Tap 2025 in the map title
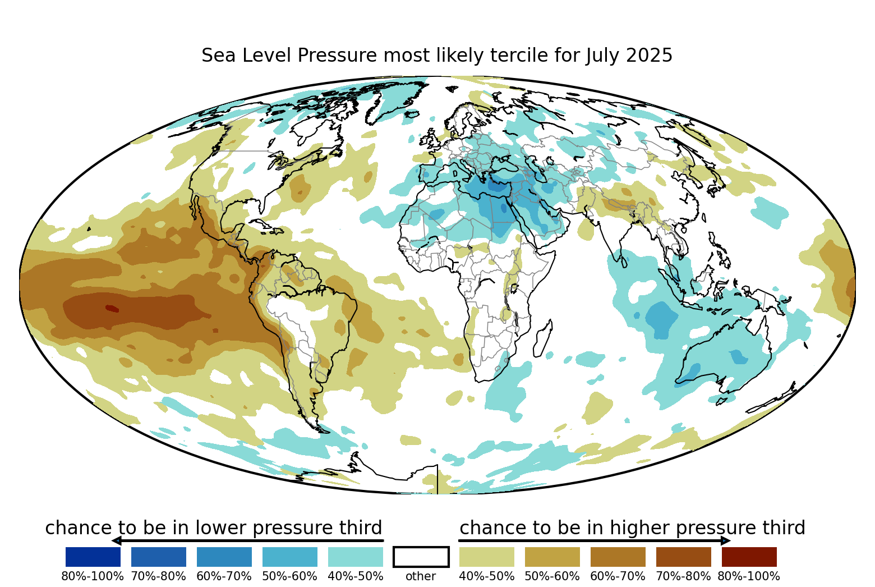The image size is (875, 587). (x=649, y=55)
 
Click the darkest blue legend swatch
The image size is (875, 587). (x=93, y=557)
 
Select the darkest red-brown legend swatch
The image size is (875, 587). (x=749, y=557)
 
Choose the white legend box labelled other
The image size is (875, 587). (x=421, y=557)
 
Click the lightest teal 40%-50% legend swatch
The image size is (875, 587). (x=356, y=557)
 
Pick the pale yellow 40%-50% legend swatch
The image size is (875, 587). (x=487, y=557)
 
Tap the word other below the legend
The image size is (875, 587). (x=421, y=576)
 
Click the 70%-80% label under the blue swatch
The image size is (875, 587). (x=159, y=576)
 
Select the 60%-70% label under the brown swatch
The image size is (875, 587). (x=618, y=576)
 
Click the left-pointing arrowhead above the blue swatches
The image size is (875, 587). (x=117, y=541)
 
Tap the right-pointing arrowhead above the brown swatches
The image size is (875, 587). (x=726, y=541)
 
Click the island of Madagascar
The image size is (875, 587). (x=543, y=338)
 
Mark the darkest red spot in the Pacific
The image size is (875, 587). (x=112, y=309)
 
